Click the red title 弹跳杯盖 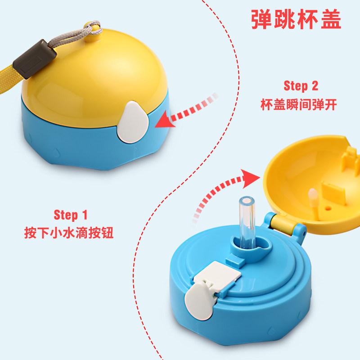(296, 19)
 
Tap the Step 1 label (71, 215)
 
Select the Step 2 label (301, 85)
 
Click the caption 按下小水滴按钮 (69, 233)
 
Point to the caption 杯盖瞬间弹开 (299, 104)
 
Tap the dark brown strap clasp (35, 59)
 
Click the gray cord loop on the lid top (92, 29)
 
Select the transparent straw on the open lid (247, 222)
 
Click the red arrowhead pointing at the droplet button (165, 120)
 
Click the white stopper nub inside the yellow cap (313, 197)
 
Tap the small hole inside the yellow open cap (328, 208)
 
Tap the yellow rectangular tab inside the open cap (333, 193)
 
